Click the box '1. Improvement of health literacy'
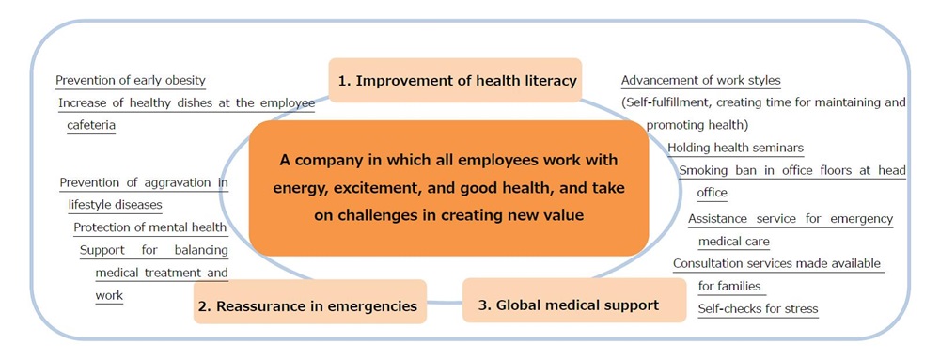tap(456, 80)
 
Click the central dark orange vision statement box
tap(448, 188)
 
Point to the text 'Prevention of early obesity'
tap(131, 80)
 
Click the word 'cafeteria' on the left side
tap(91, 126)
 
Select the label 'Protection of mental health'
tap(149, 227)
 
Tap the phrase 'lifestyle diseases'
tap(115, 205)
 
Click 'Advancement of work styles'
tap(701, 80)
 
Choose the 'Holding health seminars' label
tap(736, 148)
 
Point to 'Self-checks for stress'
tap(759, 309)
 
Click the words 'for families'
tap(729, 286)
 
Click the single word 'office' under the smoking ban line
tap(713, 193)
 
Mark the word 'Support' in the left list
tap(102, 250)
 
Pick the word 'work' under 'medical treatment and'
tap(109, 295)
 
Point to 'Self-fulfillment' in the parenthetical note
tap(666, 102)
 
